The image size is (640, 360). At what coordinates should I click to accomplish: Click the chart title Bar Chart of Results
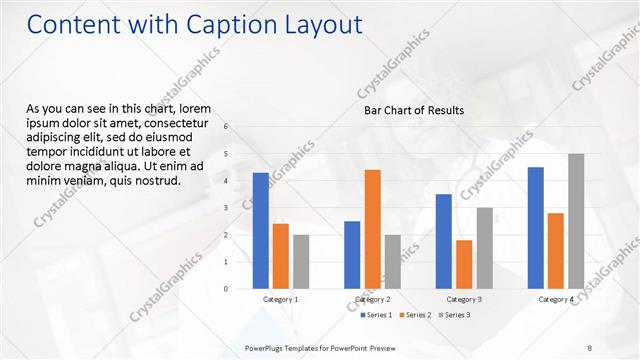413,110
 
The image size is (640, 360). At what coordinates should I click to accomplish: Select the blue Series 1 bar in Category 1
261,230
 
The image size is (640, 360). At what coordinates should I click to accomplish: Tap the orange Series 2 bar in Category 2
372,229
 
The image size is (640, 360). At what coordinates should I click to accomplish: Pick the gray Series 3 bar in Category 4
576,221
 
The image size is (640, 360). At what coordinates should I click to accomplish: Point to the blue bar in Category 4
535,227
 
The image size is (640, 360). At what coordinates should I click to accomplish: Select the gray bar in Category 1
301,261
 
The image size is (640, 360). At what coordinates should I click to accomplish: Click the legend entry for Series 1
376,315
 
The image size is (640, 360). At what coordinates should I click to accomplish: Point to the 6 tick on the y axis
226,126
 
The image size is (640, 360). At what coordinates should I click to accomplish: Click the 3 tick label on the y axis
226,208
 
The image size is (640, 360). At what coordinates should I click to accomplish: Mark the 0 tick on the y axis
226,289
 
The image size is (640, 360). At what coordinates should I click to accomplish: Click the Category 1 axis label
280,299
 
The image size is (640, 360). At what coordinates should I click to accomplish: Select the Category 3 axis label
464,299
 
